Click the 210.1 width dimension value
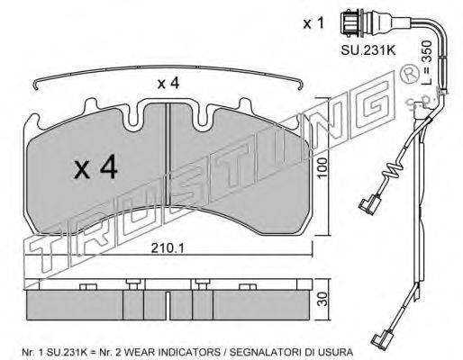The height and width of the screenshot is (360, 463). tap(168, 248)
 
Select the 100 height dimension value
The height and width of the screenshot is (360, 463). tap(322, 168)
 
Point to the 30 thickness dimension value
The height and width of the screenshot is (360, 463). tap(322, 299)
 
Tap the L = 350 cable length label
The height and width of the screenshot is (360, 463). tap(426, 62)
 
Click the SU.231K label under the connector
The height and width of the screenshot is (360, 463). tap(368, 50)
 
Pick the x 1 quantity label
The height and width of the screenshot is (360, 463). tap(313, 23)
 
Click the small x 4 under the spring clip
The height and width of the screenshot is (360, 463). tap(168, 83)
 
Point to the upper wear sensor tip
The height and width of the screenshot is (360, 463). tap(368, 205)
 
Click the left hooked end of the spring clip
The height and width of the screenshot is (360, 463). tap(35, 85)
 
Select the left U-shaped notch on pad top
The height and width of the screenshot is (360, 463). tap(133, 116)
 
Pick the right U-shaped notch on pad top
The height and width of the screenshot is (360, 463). tap(204, 116)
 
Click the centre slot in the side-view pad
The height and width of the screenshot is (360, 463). tap(168, 305)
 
